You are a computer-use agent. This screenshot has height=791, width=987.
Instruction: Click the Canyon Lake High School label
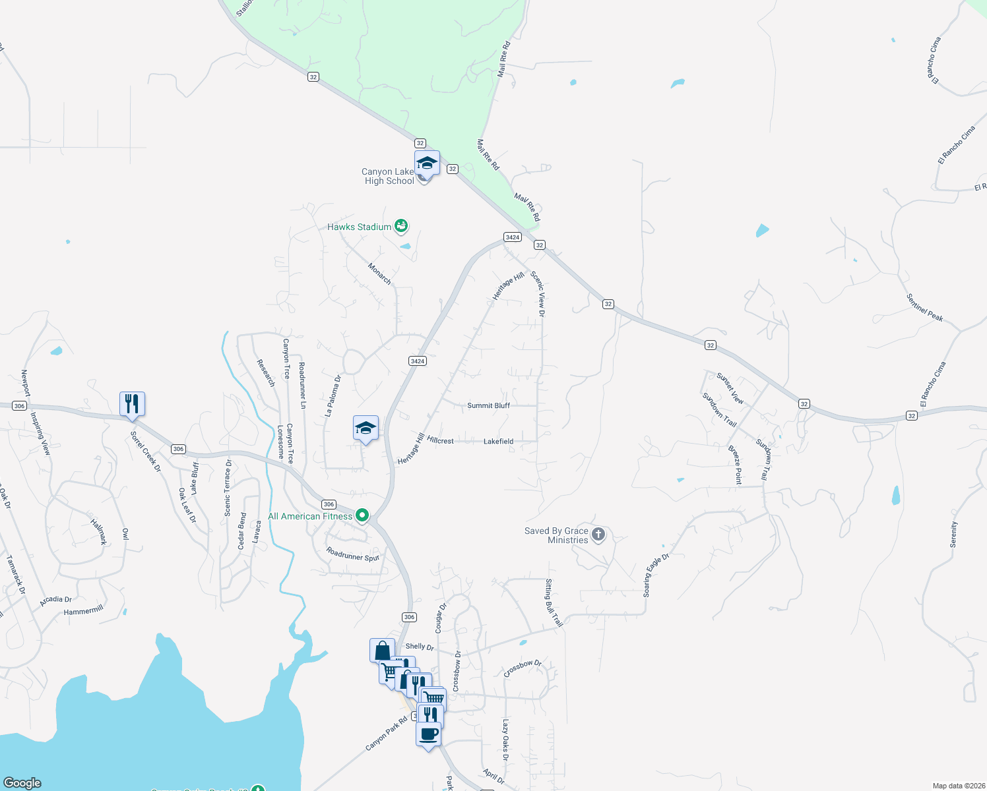(x=389, y=176)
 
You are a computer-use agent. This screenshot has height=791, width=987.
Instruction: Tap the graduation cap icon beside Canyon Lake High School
(x=427, y=163)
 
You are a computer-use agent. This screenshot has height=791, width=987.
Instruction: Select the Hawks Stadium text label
(x=360, y=227)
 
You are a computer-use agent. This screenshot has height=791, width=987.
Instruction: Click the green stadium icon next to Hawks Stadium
(x=401, y=227)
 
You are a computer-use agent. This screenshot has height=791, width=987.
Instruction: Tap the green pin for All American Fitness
(x=362, y=515)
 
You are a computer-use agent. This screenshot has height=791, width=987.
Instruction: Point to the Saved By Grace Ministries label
(x=556, y=535)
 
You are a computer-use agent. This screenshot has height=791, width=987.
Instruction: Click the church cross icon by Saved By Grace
(x=598, y=534)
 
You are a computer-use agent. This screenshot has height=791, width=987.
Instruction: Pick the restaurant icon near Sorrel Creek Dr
(x=132, y=403)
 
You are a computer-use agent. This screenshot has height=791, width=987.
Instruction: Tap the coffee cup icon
(x=428, y=733)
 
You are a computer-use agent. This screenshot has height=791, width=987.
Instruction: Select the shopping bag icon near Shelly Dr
(x=382, y=651)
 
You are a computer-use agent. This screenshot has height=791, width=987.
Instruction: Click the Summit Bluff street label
(x=488, y=405)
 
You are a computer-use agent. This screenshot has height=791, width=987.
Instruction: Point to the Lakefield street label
(x=498, y=442)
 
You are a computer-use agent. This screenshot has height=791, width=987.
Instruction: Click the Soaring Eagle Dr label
(x=656, y=575)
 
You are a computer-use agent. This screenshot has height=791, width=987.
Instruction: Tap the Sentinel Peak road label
(x=924, y=308)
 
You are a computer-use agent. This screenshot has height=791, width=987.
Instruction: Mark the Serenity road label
(x=953, y=535)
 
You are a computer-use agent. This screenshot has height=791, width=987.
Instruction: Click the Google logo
(x=22, y=783)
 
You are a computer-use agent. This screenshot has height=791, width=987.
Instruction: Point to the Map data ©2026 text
(x=957, y=786)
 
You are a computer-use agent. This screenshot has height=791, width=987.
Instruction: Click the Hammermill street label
(x=84, y=611)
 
